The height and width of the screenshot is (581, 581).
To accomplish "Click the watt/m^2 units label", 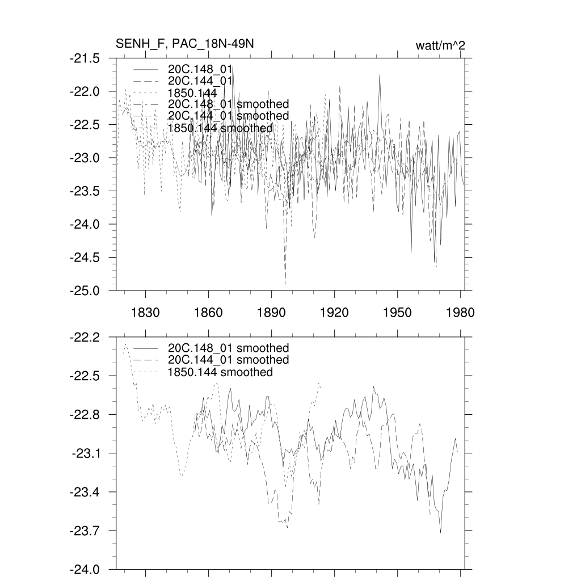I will [x=440, y=46].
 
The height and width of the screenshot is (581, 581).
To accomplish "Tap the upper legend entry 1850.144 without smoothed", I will [x=192, y=92].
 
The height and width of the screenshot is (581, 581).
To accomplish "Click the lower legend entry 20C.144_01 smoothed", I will [x=228, y=360].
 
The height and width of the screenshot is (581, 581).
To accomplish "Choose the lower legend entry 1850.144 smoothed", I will [x=220, y=372].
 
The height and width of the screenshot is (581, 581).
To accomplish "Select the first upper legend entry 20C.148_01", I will [x=200, y=69].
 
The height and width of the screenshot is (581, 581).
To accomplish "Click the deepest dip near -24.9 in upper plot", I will [x=285, y=283].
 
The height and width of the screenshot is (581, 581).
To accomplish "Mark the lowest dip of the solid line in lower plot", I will [x=440, y=533].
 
